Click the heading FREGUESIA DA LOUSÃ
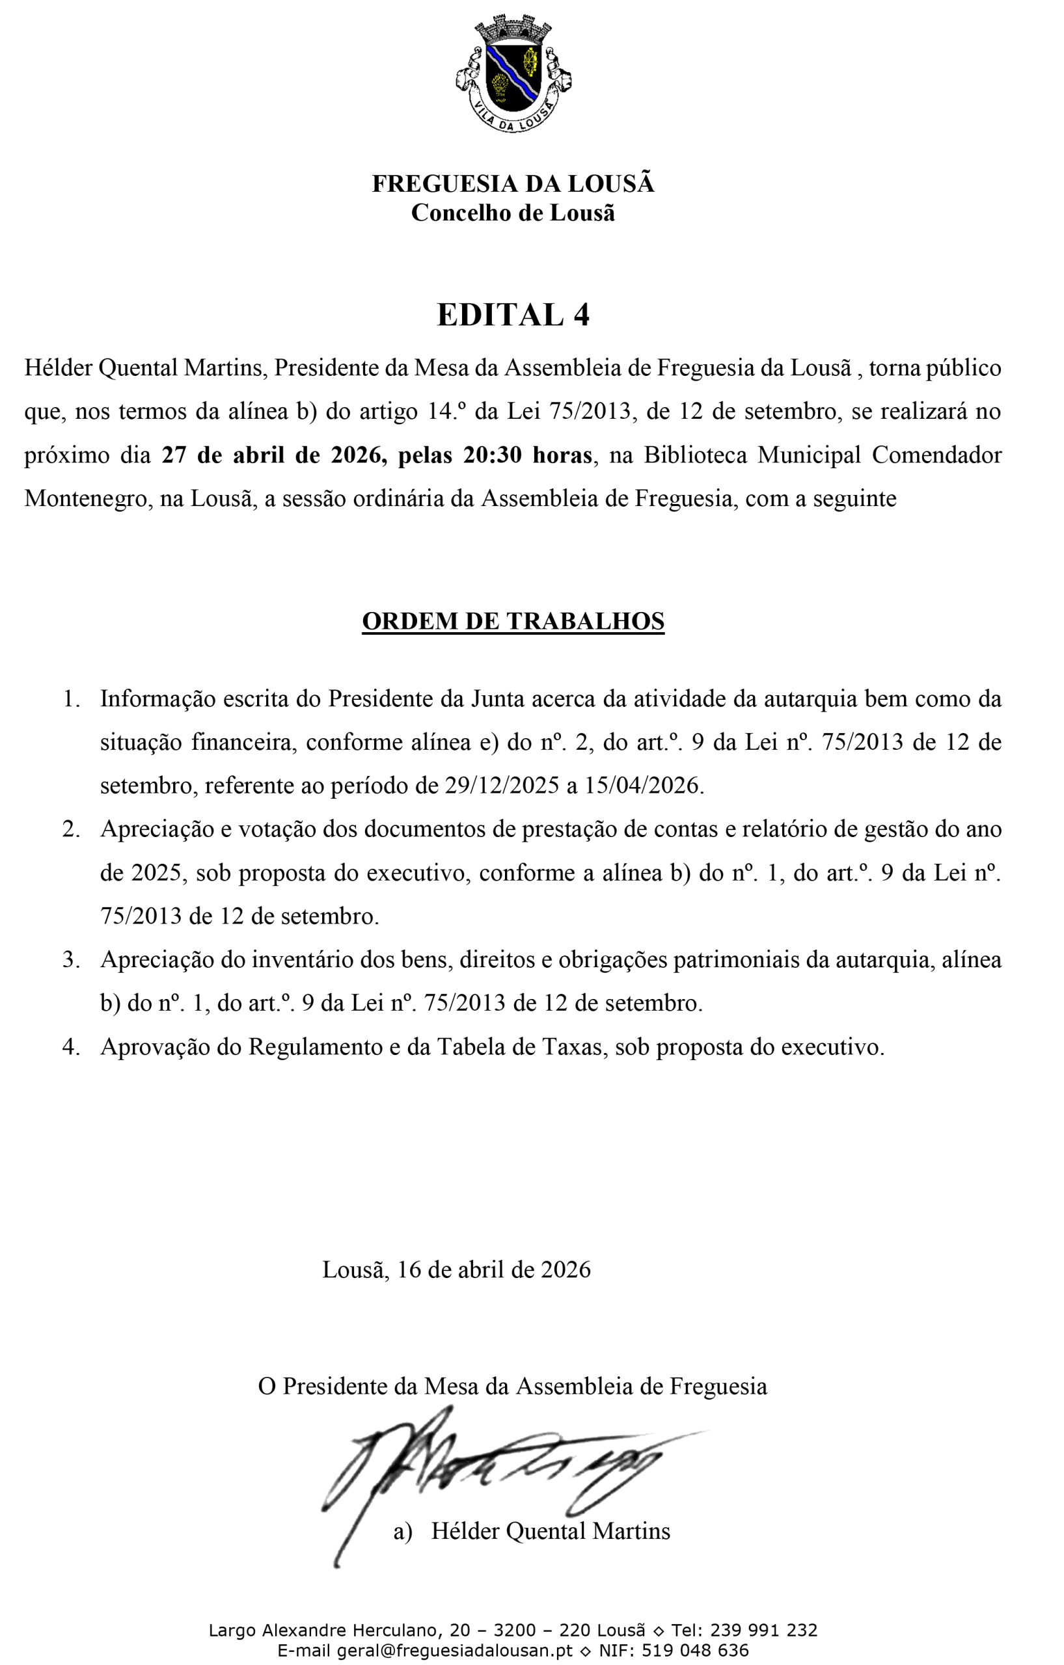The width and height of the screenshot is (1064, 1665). (513, 184)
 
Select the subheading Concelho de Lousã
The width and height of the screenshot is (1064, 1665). (513, 213)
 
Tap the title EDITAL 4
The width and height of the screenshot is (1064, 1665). (513, 315)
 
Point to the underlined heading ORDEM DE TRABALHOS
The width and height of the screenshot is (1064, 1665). (513, 621)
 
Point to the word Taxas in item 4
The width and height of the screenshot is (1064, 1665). (571, 1047)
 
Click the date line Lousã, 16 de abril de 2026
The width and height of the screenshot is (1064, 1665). (457, 1270)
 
